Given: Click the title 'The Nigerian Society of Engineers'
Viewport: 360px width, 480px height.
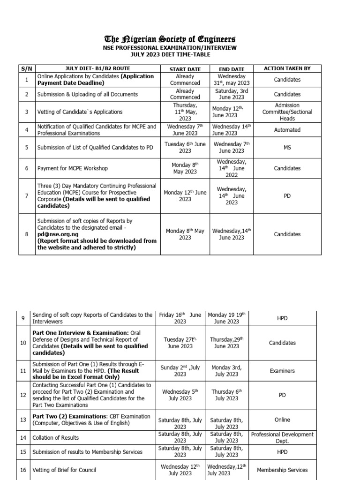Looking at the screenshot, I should coord(170,39).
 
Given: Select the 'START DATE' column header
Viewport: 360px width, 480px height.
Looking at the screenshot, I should coord(185,69).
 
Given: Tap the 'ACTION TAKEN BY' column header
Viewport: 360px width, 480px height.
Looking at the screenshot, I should coord(287,68).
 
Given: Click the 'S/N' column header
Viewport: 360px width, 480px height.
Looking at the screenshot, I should coord(27,69).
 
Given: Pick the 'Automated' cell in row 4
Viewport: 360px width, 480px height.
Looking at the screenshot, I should coord(287,130).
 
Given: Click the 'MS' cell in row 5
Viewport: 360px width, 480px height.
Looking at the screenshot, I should coord(287,148).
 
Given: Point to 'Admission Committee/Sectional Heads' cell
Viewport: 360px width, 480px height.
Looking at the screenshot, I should coord(287,112).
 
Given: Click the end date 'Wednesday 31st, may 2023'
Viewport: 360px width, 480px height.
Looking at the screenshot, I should coord(231,80).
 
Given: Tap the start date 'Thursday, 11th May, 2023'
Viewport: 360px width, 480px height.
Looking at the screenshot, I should coord(185,112).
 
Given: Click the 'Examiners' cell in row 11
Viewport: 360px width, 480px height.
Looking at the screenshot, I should coord(282,371).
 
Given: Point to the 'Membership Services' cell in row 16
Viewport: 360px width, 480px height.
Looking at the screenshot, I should coord(282,470).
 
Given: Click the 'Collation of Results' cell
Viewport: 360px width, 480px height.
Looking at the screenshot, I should coord(55,438).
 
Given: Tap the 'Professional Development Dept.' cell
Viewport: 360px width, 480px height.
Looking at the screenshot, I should coord(282,438).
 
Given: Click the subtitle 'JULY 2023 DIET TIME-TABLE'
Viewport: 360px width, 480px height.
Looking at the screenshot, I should coord(170,55).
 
